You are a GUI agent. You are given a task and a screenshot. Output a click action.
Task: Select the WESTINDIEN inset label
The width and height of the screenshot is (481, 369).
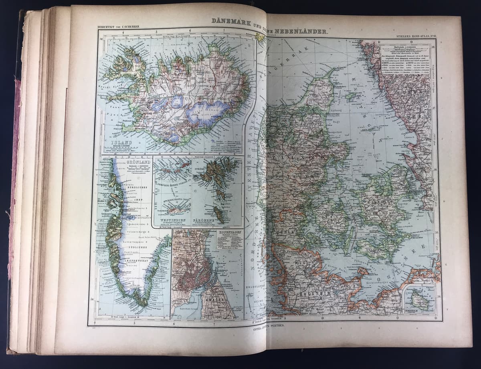pos(172,220)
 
